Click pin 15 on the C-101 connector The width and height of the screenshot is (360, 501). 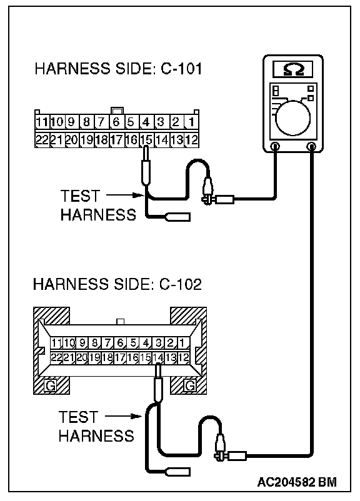pyautogui.click(x=147, y=140)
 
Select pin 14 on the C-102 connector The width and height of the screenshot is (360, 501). pyautogui.click(x=158, y=357)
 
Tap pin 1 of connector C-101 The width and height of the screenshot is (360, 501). pyautogui.click(x=191, y=122)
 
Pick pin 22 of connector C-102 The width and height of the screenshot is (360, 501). pyautogui.click(x=57, y=357)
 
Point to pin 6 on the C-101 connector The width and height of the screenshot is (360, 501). pyautogui.click(x=116, y=122)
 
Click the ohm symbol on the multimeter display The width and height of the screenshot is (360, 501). pyautogui.click(x=292, y=69)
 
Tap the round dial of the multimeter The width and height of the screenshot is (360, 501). pyautogui.click(x=292, y=118)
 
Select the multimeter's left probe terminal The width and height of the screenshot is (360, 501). pyautogui.click(x=274, y=147)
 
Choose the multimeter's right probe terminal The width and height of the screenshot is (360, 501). pyautogui.click(x=311, y=147)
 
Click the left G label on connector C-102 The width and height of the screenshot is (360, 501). pyautogui.click(x=50, y=385)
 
